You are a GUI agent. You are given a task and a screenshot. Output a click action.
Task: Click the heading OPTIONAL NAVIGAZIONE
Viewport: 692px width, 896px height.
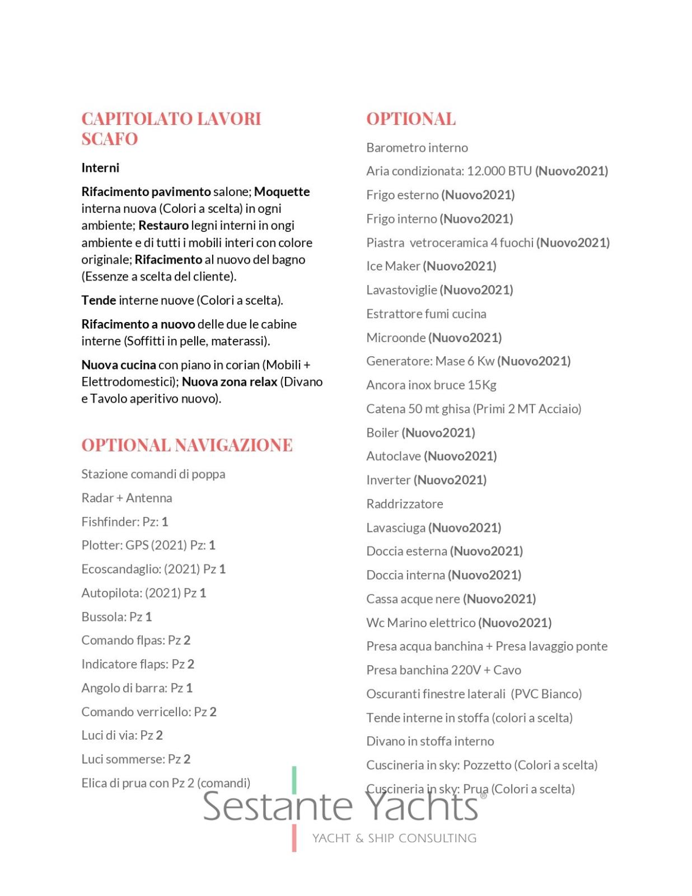coord(187,445)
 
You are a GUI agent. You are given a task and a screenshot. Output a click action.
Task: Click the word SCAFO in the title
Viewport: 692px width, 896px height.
coord(110,139)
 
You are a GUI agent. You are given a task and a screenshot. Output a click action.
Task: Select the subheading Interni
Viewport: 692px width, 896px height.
coord(100,168)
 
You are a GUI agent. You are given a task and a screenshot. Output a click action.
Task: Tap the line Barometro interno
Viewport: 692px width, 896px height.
coord(417,148)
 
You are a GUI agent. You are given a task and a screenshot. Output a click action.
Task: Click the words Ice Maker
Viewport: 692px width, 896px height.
coord(393,267)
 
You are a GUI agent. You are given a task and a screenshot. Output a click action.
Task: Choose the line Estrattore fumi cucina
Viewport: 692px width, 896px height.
coord(426,314)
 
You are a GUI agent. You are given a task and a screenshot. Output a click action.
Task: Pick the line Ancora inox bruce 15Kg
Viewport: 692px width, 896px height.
coord(431,385)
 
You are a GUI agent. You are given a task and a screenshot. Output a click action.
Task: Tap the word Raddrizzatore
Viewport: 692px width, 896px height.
coord(405,504)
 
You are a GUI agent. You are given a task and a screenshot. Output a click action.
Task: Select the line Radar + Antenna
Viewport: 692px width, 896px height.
coord(127,498)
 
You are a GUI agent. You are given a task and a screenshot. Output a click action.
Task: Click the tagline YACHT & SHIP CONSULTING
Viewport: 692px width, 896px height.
coord(394,838)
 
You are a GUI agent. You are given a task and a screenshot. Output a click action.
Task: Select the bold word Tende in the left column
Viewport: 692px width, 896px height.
coord(99,301)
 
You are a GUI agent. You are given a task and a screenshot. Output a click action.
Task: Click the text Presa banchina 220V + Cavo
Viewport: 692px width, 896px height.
coord(443,670)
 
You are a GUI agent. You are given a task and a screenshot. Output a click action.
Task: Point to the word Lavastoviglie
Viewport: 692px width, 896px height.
coord(401,290)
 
